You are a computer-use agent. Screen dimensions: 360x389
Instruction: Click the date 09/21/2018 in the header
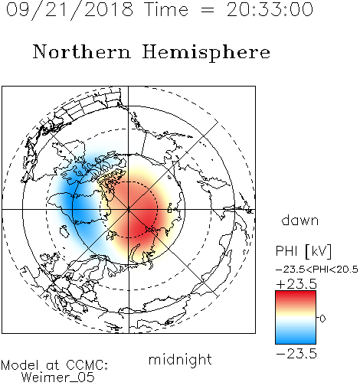pyautogui.click(x=70, y=9)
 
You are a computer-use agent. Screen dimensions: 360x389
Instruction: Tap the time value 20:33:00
pyautogui.click(x=270, y=9)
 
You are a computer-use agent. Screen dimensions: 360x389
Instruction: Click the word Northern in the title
pyautogui.click(x=82, y=52)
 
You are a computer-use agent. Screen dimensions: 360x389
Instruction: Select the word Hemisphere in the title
pyautogui.click(x=206, y=53)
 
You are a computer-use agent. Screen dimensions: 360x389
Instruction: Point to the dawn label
pyautogui.click(x=300, y=220)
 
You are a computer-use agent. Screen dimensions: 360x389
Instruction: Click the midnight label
pyautogui.click(x=180, y=360)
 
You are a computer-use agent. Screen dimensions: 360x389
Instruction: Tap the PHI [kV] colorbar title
pyautogui.click(x=303, y=251)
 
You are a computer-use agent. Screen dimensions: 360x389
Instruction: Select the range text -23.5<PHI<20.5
pyautogui.click(x=317, y=270)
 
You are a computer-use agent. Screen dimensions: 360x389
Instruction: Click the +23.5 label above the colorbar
pyautogui.click(x=296, y=284)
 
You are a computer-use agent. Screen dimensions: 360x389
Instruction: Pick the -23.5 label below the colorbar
pyautogui.click(x=296, y=354)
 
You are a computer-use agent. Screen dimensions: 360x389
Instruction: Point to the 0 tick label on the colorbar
pyautogui.click(x=322, y=319)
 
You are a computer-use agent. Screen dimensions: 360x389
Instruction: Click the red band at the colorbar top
pyautogui.click(x=296, y=296)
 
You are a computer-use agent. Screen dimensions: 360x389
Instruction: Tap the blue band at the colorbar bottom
pyautogui.click(x=296, y=339)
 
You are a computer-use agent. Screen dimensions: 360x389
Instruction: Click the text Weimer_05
pyautogui.click(x=58, y=378)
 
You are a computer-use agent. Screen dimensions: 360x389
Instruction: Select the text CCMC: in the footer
pyautogui.click(x=87, y=365)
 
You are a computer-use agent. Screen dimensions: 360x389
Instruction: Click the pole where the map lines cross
pyautogui.click(x=129, y=210)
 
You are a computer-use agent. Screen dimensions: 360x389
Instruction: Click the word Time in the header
pyautogui.click(x=166, y=9)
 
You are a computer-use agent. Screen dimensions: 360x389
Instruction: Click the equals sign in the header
pyautogui.click(x=208, y=10)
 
